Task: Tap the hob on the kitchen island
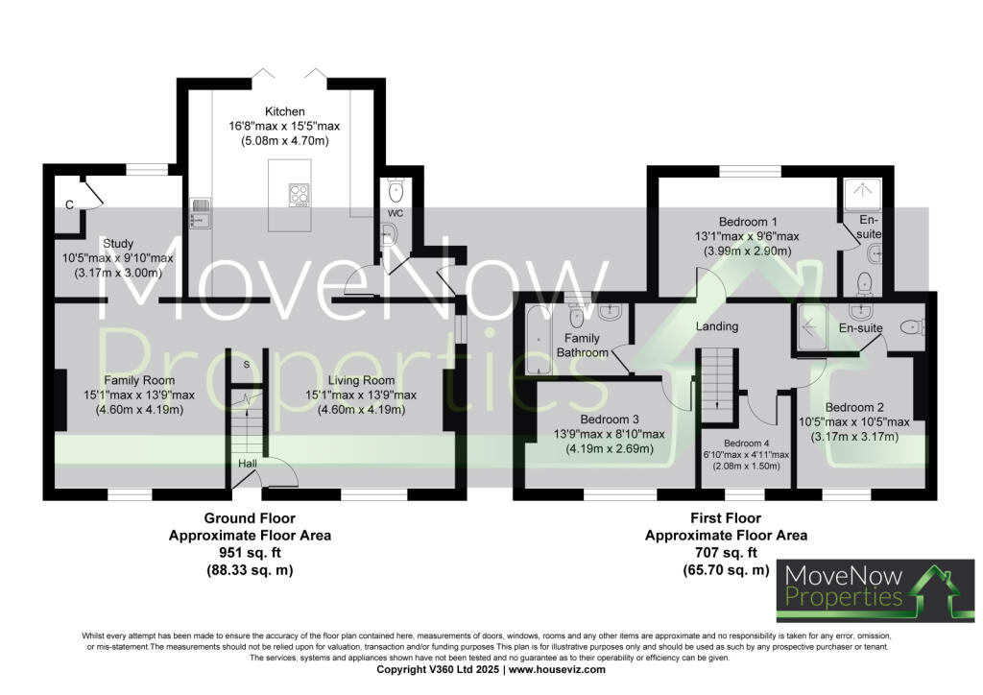tap(300, 195)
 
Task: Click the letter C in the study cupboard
tap(69, 204)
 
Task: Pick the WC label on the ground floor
tap(395, 212)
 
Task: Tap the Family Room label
tap(139, 379)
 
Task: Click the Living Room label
tap(360, 379)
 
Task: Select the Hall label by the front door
tap(248, 464)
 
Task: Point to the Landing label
tap(717, 326)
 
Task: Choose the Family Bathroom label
tap(583, 346)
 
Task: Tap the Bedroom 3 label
tap(610, 419)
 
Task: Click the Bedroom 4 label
tap(744, 442)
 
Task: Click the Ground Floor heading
tap(250, 518)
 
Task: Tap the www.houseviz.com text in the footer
tap(557, 669)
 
